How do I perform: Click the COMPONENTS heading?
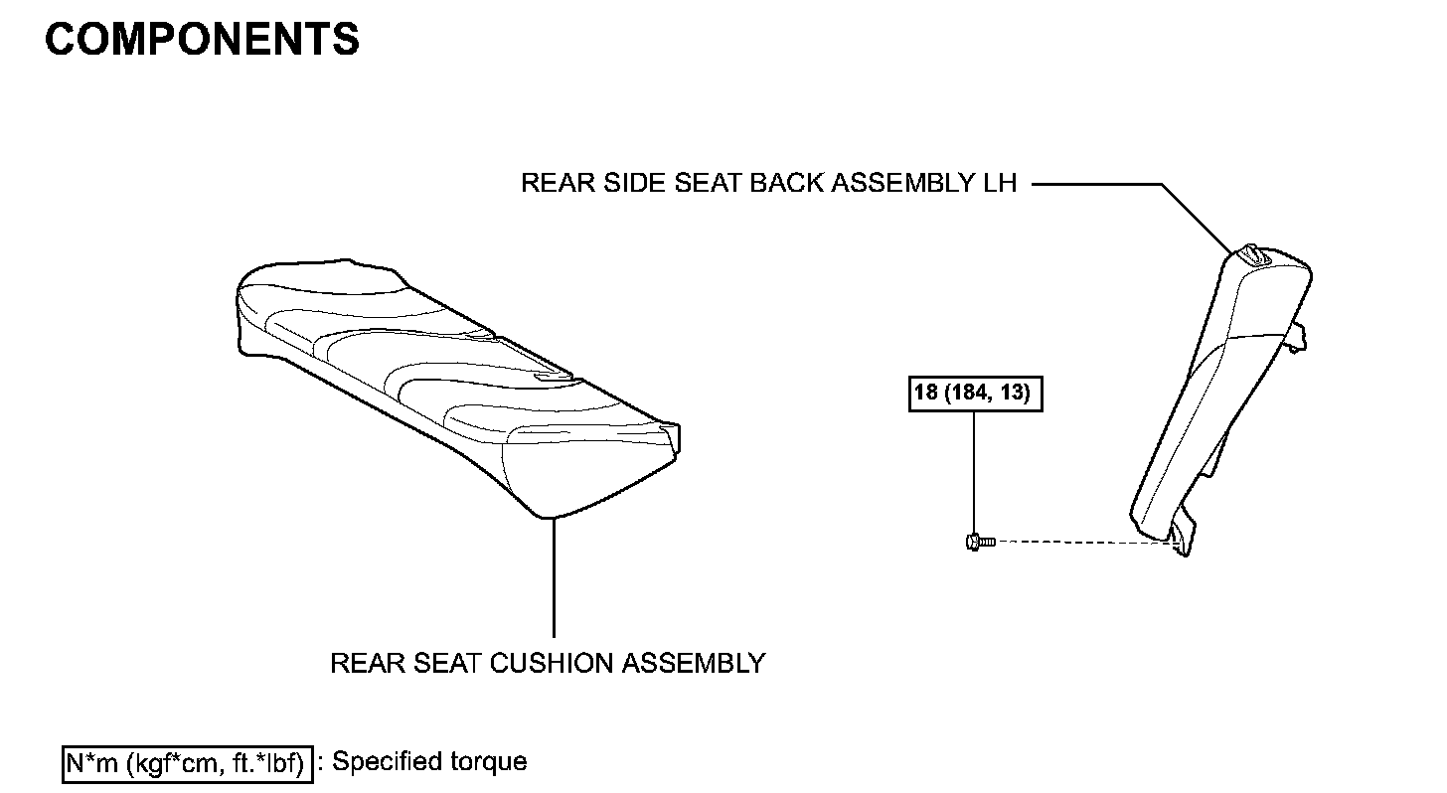click(x=202, y=39)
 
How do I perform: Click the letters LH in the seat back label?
click(x=994, y=184)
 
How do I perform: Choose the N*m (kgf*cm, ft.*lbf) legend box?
click(x=186, y=763)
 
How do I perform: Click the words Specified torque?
click(x=428, y=762)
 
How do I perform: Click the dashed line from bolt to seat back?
click(x=1083, y=542)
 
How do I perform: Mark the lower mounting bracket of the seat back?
click(x=1180, y=537)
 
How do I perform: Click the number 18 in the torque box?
click(x=926, y=394)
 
